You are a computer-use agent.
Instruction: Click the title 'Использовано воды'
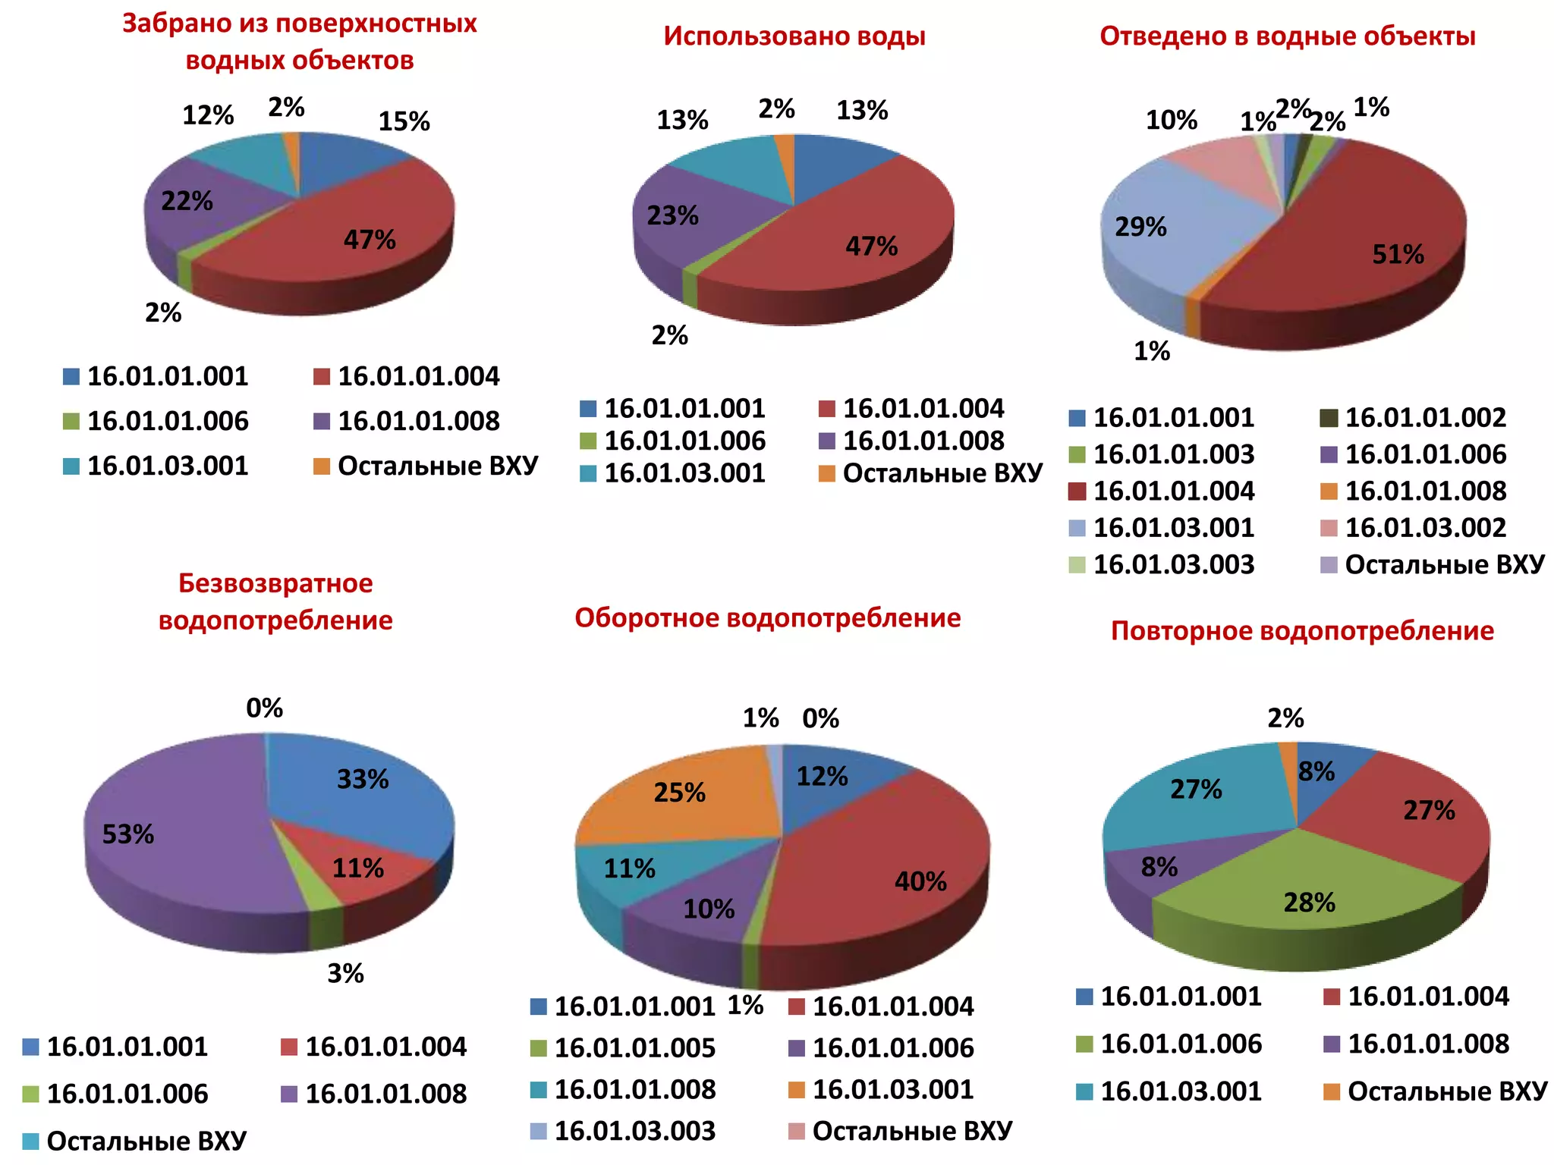click(x=794, y=36)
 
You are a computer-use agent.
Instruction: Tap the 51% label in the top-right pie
click(x=1398, y=255)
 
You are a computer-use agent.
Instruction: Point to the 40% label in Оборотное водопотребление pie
click(x=920, y=882)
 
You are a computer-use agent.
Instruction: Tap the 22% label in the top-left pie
click(x=187, y=202)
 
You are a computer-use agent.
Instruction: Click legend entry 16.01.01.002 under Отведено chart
click(x=1424, y=418)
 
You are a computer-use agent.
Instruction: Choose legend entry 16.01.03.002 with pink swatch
click(x=1424, y=528)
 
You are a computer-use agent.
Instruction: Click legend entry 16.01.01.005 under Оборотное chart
click(x=634, y=1048)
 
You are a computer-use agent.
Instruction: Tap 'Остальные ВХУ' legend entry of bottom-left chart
click(x=146, y=1141)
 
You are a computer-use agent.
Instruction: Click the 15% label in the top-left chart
click(x=404, y=121)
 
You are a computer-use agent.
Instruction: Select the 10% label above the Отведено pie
click(x=1171, y=120)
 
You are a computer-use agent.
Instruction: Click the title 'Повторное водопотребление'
click(x=1302, y=631)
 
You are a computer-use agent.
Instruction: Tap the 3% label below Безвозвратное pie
click(x=345, y=974)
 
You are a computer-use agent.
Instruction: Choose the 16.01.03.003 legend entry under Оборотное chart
click(x=634, y=1131)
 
